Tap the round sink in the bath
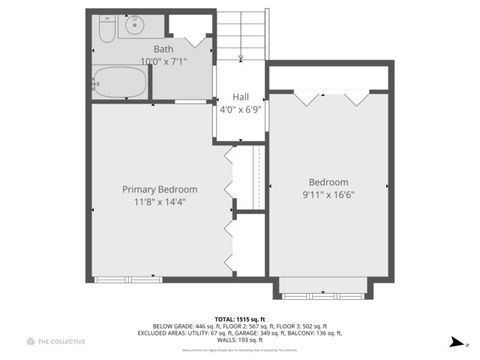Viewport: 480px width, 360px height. click(138, 26)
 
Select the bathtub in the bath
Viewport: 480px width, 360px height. click(121, 83)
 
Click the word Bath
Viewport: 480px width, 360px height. click(163, 49)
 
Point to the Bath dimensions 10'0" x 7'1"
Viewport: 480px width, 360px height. click(163, 61)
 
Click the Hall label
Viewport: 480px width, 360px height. click(240, 97)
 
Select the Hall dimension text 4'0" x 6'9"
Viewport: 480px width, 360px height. click(240, 109)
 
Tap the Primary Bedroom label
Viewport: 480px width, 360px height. click(160, 189)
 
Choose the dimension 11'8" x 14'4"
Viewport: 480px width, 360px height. click(160, 201)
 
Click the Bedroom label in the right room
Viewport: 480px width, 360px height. click(328, 182)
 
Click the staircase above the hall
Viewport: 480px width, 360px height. click(242, 34)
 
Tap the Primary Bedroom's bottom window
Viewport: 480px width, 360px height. click(127, 279)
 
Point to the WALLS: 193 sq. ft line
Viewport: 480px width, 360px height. click(240, 341)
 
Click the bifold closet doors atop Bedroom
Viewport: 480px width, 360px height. click(329, 98)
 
